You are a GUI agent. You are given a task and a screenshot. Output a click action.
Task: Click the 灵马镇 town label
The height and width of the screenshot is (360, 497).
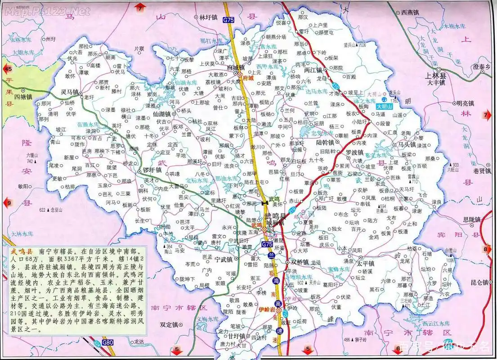71,92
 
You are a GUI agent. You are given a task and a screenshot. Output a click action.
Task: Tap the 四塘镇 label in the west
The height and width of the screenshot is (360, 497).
23,96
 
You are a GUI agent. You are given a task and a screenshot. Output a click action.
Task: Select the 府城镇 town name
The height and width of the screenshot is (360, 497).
235,67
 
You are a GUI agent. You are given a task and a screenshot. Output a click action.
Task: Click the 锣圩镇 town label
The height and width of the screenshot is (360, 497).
152,170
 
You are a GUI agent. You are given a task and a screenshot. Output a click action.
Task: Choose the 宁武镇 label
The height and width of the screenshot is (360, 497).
223,260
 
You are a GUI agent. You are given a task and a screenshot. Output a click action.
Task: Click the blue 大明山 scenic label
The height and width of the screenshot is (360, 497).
385,107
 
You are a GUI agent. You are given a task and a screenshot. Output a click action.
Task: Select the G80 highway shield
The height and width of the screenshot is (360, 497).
107,343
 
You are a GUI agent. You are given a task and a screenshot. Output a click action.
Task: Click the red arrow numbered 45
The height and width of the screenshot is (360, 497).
8,69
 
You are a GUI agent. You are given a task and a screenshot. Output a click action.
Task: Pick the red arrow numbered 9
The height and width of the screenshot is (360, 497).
8,202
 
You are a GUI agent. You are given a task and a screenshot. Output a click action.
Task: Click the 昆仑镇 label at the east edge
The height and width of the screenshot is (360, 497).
479,282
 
